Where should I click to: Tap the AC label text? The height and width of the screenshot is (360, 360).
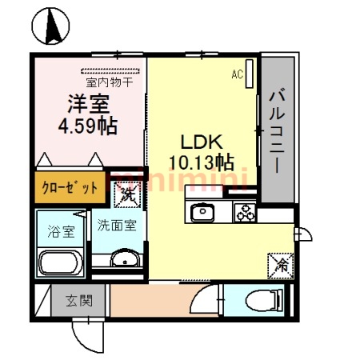click(237, 74)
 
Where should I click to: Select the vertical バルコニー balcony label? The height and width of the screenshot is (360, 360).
click(277, 131)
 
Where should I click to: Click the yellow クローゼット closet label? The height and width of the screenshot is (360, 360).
click(69, 189)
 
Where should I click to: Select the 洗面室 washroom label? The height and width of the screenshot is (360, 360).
click(117, 226)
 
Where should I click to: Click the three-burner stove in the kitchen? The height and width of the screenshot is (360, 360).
click(243, 213)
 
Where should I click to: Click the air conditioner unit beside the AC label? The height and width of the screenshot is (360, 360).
click(250, 75)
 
